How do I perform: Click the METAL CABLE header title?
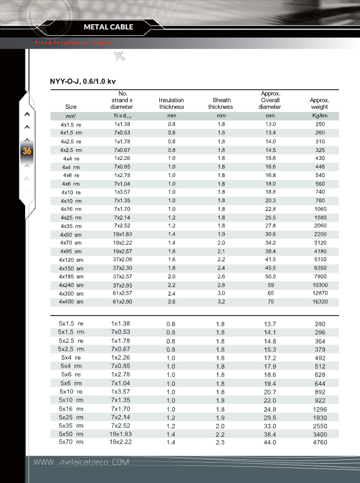[x=108, y=27]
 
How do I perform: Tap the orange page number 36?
[x=27, y=151]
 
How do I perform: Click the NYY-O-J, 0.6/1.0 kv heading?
[x=83, y=82]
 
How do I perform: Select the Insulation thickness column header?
[x=171, y=104]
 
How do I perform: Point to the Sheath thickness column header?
[x=221, y=104]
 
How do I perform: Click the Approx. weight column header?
[x=319, y=104]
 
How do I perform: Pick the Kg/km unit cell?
[x=319, y=116]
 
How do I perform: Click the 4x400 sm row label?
[x=71, y=302]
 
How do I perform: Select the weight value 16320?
[x=320, y=302]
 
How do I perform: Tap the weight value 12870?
[x=320, y=294]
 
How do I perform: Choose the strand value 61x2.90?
[x=122, y=302]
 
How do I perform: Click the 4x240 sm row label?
[x=71, y=285]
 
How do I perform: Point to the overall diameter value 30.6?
[x=270, y=235]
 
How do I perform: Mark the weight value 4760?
[x=320, y=442]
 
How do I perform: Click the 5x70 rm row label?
[x=71, y=442]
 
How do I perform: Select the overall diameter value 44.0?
[x=270, y=442]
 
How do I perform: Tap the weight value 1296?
[x=320, y=409]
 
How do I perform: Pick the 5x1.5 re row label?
[x=71, y=324]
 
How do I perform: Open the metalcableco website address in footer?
[x=81, y=463]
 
